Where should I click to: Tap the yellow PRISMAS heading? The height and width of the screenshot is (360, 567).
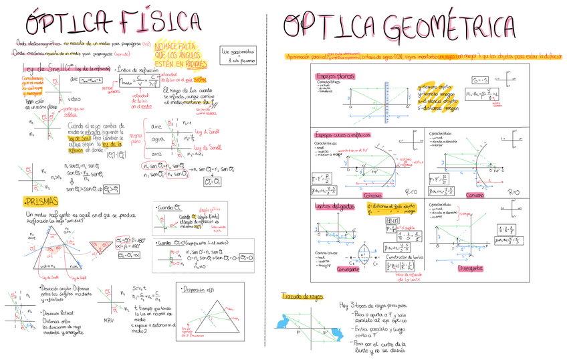tap(40, 202)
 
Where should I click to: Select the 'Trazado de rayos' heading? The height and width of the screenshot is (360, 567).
tap(303, 296)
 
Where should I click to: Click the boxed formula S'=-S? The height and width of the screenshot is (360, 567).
tap(479, 80)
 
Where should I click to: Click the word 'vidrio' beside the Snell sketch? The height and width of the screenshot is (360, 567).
tap(74, 98)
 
